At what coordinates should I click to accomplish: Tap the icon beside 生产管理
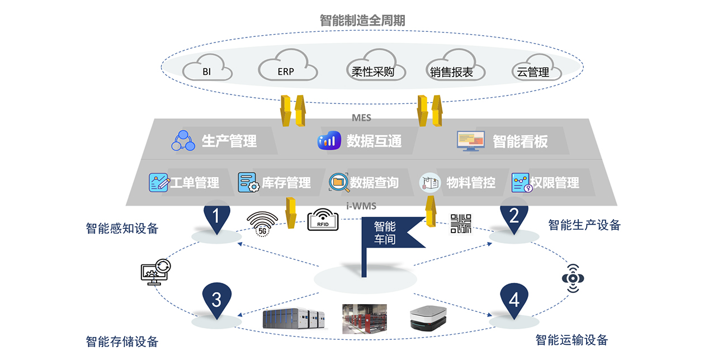click(183, 141)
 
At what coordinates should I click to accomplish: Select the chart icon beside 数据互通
click(329, 141)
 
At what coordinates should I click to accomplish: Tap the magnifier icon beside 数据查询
click(338, 183)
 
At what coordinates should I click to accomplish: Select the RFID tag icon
click(323, 220)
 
